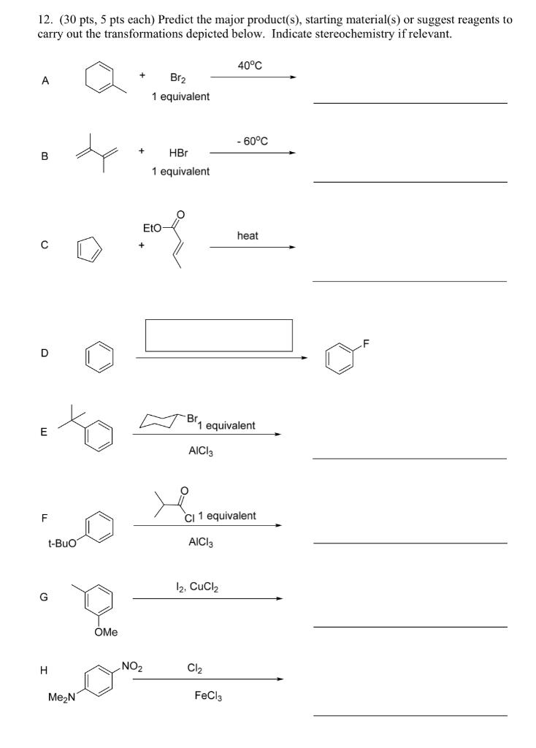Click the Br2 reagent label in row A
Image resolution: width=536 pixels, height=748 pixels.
pos(177,77)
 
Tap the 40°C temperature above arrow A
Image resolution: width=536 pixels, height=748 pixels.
pos(250,66)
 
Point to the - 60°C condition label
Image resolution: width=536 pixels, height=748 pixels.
pos(252,141)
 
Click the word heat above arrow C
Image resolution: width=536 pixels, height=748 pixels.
pos(248,235)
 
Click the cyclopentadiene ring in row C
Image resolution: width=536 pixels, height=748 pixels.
pos(91,253)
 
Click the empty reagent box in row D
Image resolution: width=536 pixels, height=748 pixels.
pos(219,335)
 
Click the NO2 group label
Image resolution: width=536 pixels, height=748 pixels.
pos(133,665)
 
